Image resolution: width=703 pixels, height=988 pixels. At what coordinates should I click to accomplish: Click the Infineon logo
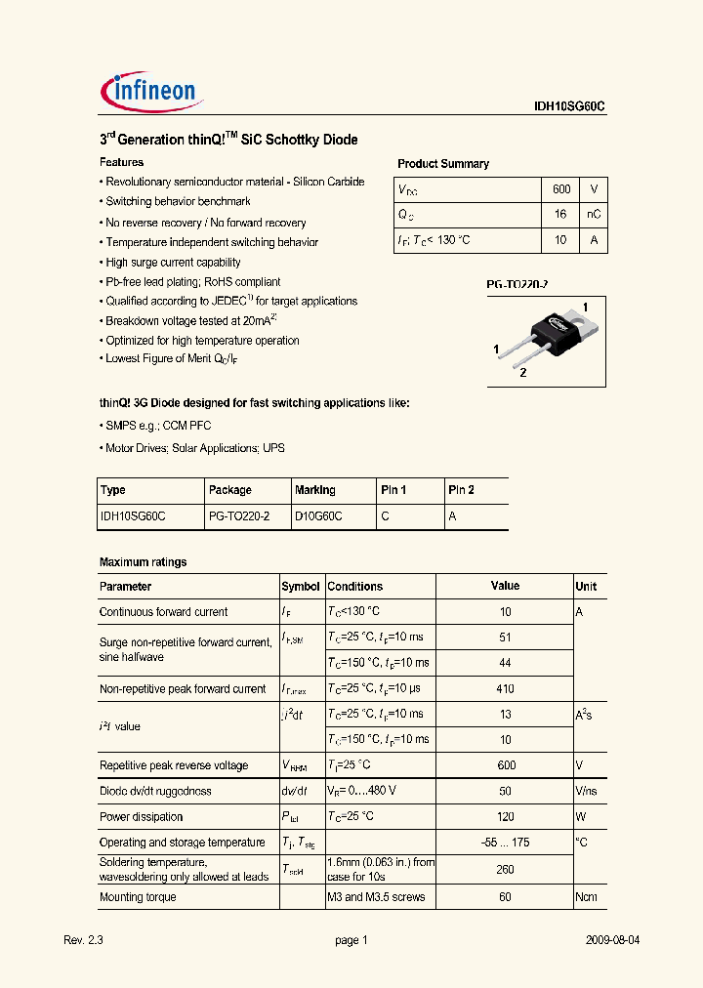[x=151, y=91]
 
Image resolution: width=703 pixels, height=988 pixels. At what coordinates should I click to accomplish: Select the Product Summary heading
[x=443, y=164]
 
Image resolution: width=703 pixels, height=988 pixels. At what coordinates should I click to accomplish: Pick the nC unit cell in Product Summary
[x=593, y=215]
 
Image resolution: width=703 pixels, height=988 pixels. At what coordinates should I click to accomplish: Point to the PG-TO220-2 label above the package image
[x=517, y=284]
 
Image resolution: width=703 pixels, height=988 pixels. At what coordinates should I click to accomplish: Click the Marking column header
[x=314, y=490]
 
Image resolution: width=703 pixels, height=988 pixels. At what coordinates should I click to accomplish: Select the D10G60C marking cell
[x=318, y=516]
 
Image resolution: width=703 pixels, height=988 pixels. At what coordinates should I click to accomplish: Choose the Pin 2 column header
[x=461, y=490]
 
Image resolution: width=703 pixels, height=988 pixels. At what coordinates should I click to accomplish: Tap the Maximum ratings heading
[x=143, y=562]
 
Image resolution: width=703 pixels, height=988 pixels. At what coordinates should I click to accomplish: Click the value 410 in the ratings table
[x=505, y=688]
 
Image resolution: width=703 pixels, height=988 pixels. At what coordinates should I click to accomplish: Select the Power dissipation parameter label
[x=141, y=817]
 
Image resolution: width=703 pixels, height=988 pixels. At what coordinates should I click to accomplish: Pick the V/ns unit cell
[x=587, y=791]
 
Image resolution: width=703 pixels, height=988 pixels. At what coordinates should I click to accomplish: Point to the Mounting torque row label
[x=138, y=897]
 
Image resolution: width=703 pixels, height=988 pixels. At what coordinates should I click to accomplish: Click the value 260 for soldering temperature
[x=505, y=870]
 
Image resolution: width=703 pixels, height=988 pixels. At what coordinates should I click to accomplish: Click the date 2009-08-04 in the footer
[x=612, y=940]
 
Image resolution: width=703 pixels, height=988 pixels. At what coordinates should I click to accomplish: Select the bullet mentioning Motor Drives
[x=193, y=448]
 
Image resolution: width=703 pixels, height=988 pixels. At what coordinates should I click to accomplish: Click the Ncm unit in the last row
[x=586, y=897]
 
